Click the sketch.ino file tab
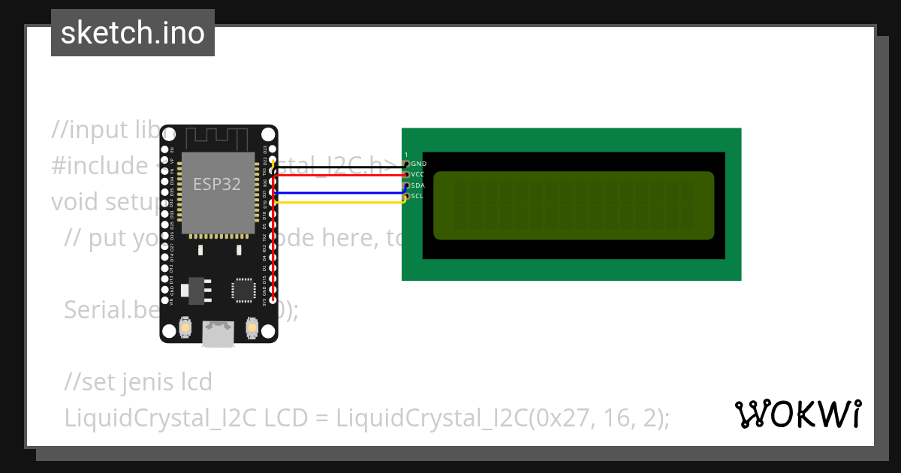132,33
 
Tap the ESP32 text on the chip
217,184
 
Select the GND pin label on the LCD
419,164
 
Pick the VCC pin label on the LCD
419,174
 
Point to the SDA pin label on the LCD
419,185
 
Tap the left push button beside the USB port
185,329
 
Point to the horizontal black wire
338,167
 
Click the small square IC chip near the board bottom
243,290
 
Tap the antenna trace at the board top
218,138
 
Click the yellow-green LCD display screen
574,205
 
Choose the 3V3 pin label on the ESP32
264,302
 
